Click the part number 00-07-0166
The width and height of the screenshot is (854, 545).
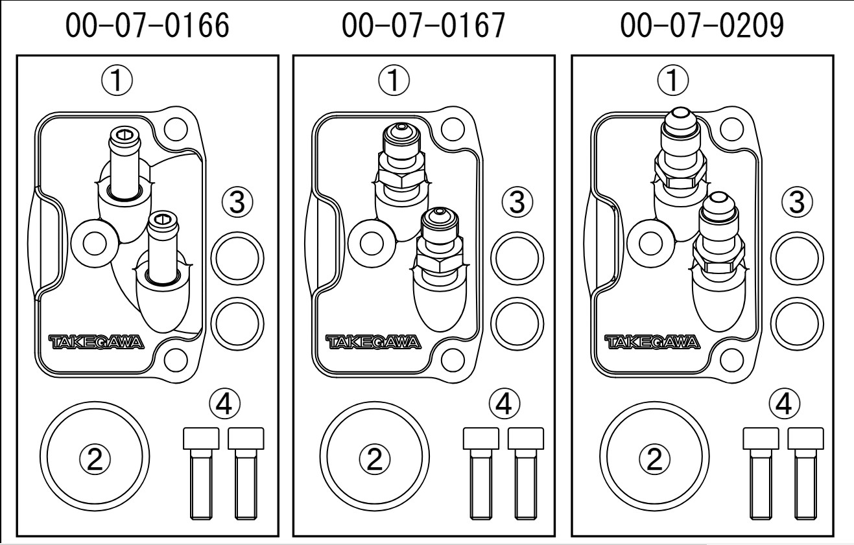coord(147,27)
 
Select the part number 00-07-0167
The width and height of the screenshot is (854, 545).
coord(424,27)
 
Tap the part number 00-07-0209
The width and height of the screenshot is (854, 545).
coord(702,27)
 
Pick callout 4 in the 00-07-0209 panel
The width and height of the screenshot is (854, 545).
coord(783,406)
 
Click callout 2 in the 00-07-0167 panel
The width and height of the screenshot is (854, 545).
coord(374,459)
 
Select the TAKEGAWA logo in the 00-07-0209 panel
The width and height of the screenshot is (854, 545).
coord(652,342)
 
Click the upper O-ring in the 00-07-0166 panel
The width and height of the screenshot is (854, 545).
coord(238,259)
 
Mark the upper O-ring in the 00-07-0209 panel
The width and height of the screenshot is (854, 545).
coord(796,259)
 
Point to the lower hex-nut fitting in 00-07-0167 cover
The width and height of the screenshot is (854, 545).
coord(440,249)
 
